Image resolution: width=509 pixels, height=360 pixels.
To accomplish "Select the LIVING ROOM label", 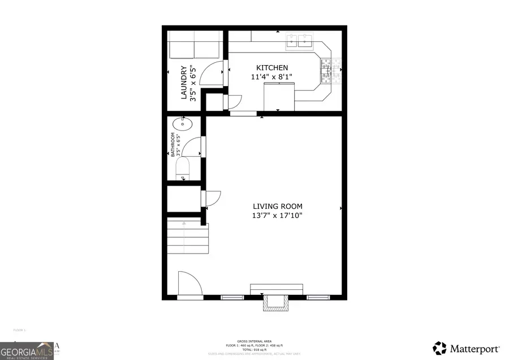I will (x=277, y=207).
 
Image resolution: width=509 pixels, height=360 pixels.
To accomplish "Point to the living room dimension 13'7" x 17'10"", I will (x=277, y=216).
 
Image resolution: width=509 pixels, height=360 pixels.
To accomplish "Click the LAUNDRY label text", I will (x=184, y=83).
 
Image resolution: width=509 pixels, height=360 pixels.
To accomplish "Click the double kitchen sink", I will (x=300, y=40).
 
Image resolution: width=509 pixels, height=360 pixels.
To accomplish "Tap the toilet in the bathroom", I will (x=183, y=169).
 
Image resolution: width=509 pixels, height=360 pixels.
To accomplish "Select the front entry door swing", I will (x=188, y=283).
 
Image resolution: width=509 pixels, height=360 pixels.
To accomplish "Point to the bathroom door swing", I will (x=193, y=147).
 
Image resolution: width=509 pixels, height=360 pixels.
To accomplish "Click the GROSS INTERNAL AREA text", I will (x=255, y=341).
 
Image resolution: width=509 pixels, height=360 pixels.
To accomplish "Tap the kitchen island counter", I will (x=279, y=95).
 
